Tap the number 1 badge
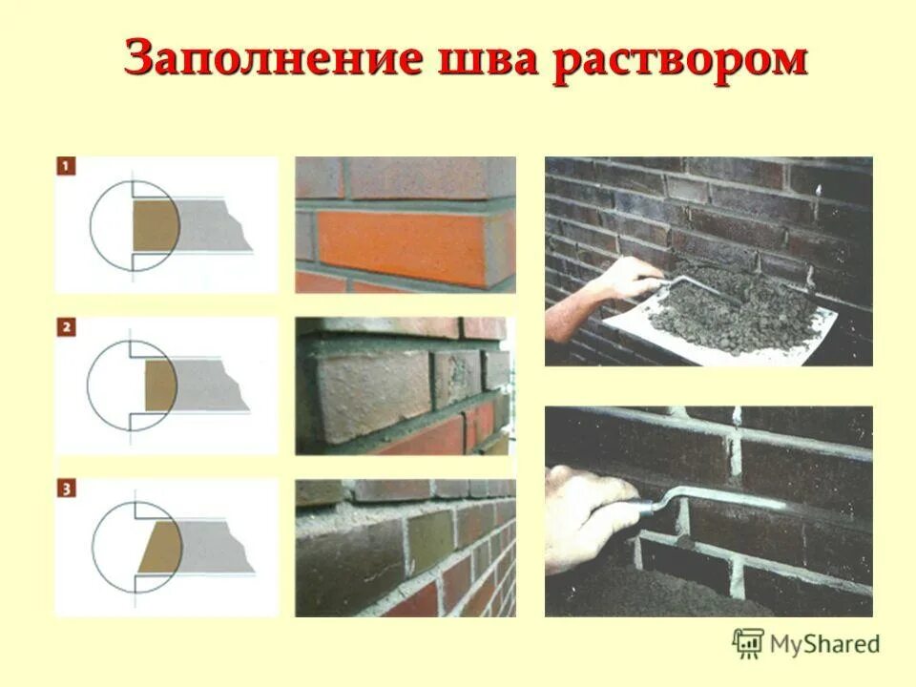tap(65, 167)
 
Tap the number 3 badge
tap(65, 489)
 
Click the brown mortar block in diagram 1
tap(154, 227)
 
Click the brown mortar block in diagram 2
tap(160, 386)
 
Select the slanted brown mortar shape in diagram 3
tap(160, 549)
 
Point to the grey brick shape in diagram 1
tap(215, 227)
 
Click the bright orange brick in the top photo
tap(401, 246)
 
